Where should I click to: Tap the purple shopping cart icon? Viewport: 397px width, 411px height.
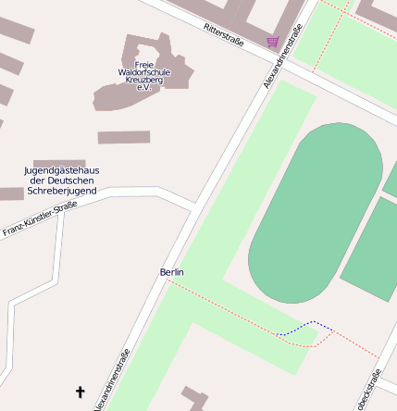coord(271,42)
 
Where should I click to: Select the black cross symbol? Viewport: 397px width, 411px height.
coord(80,392)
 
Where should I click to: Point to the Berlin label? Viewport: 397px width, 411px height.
coord(172,272)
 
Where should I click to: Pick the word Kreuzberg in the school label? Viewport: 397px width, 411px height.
coord(143,81)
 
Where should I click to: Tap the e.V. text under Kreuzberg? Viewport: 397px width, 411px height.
coord(143,89)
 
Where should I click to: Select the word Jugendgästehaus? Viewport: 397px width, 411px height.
coord(62,170)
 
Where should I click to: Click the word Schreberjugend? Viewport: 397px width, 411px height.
coord(62,190)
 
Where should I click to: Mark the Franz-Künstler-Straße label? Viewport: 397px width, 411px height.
coord(39,220)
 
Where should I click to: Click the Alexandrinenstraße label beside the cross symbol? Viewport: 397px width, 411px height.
coord(112,380)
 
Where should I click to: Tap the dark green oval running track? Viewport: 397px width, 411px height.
coord(316,213)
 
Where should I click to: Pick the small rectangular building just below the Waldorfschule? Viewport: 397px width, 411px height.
coord(124,137)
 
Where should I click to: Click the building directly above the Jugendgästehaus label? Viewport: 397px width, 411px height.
coord(59,162)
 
